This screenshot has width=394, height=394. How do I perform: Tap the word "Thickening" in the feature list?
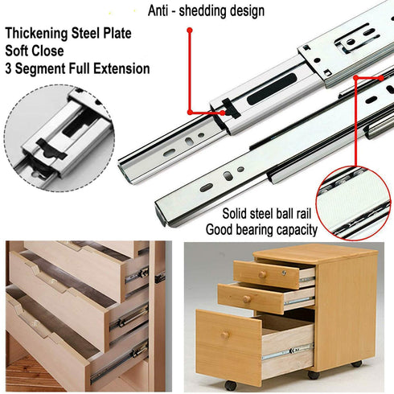[39, 35]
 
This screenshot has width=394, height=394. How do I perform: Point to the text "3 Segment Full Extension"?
[77, 69]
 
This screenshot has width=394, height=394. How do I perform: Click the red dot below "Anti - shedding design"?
[189, 31]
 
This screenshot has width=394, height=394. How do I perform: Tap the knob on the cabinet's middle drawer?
[247, 299]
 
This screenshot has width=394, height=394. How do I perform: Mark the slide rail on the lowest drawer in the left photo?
[117, 365]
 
